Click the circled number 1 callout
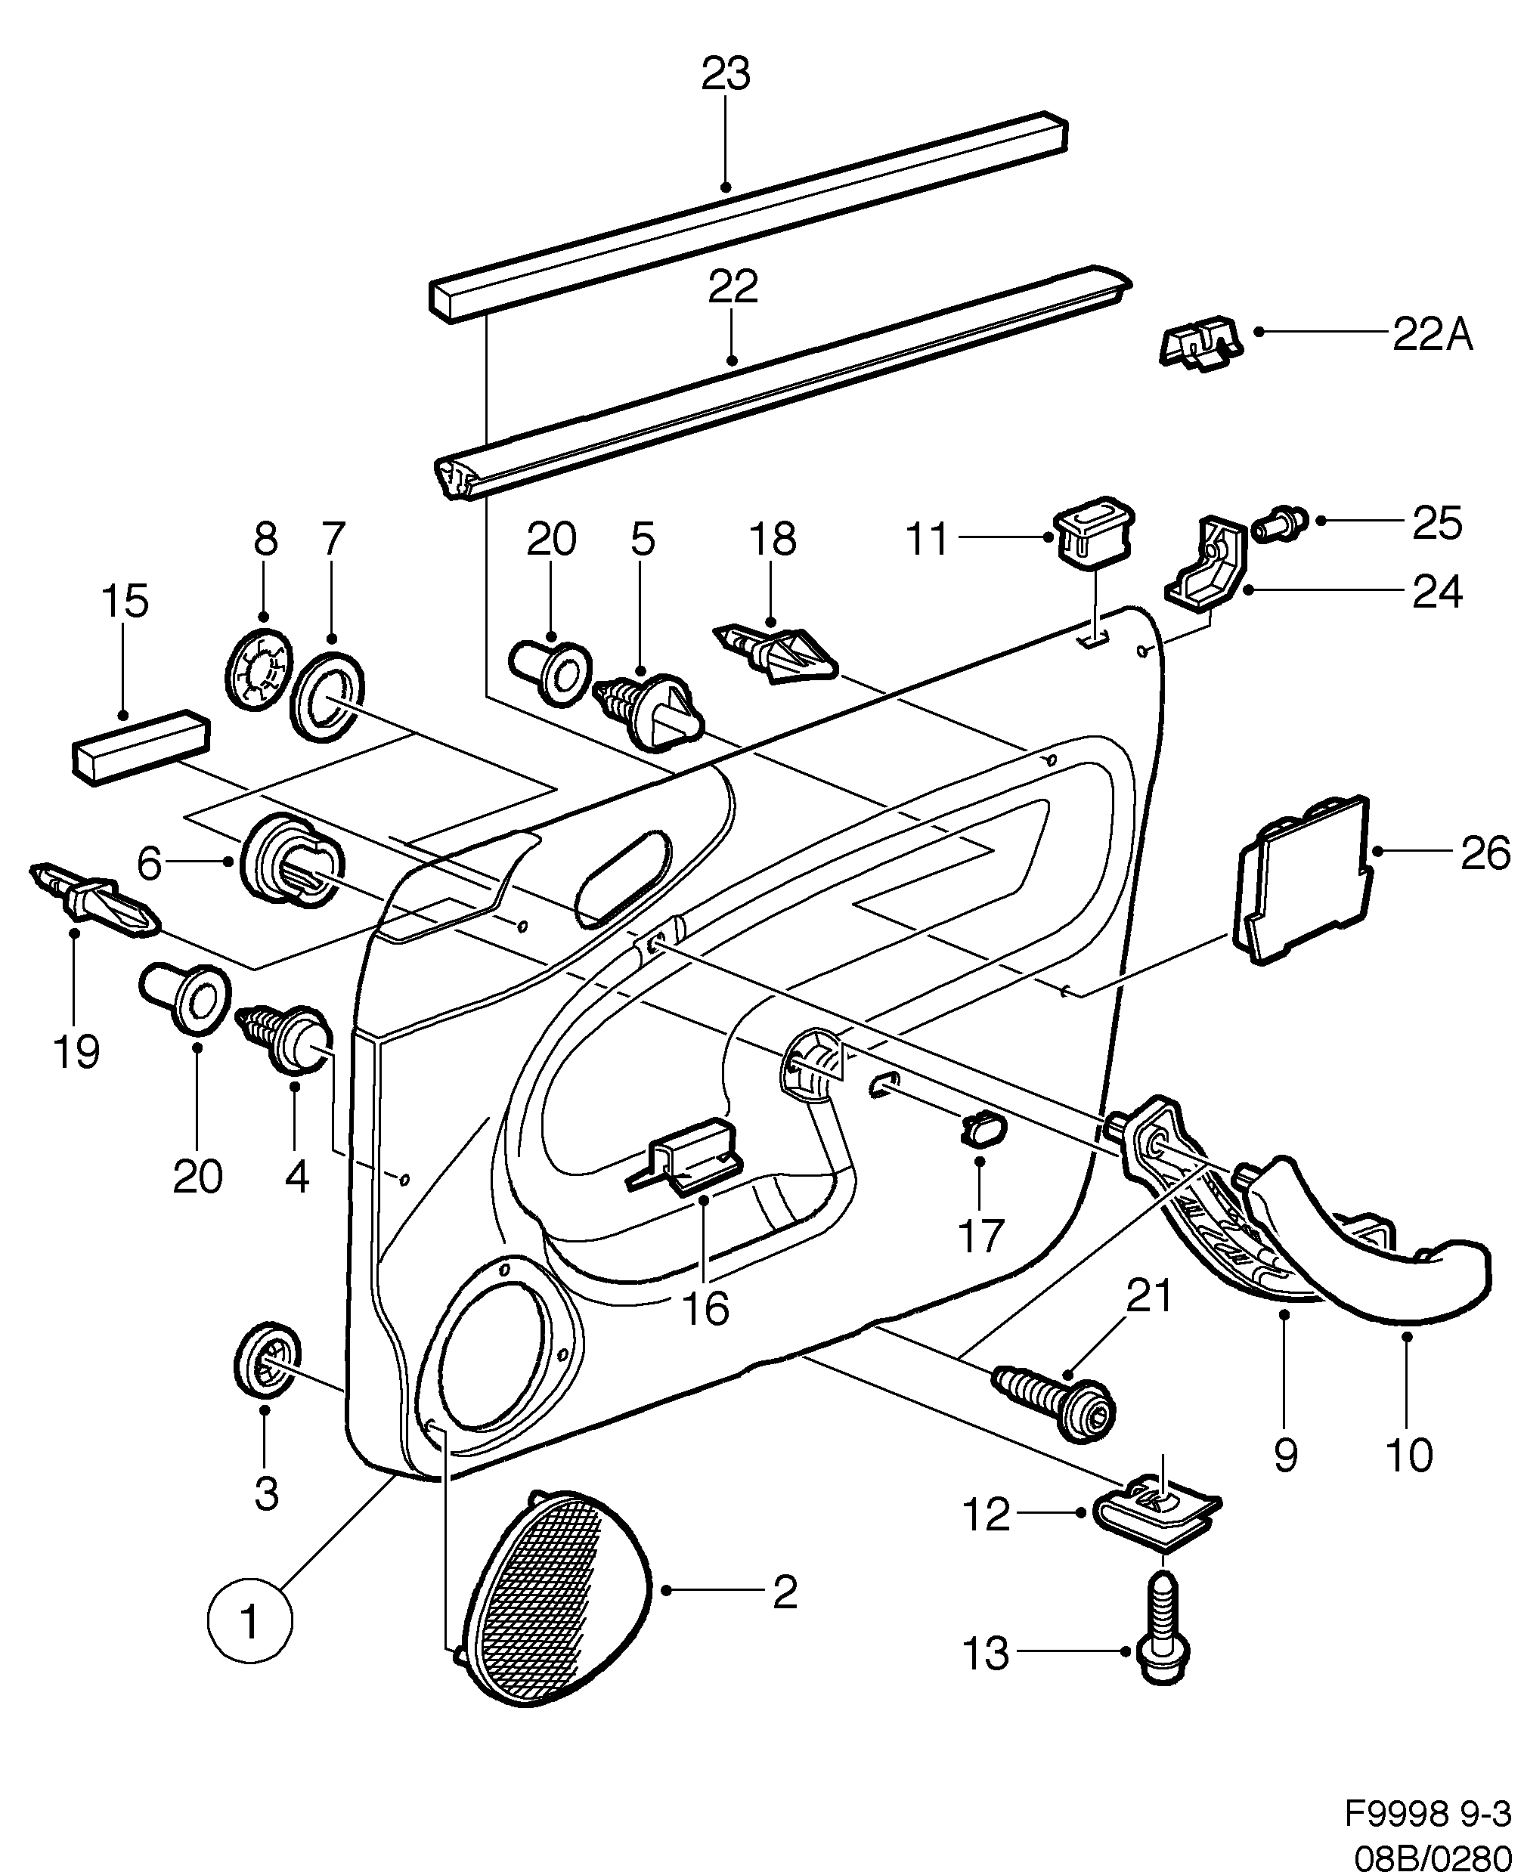pyautogui.click(x=249, y=1621)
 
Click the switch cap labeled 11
pyautogui.click(x=1093, y=528)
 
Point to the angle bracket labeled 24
pyautogui.click(x=1208, y=565)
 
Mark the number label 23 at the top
pyautogui.click(x=725, y=75)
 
